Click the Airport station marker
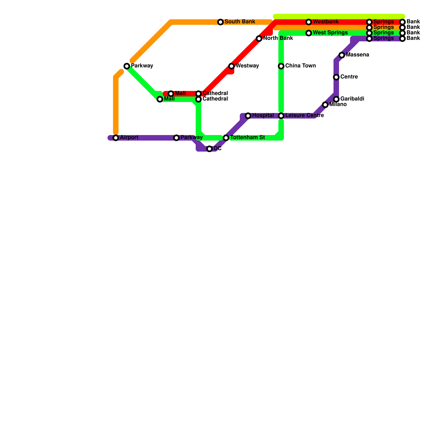(116, 138)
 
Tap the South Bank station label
(240, 22)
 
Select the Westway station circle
(232, 66)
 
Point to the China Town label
(300, 66)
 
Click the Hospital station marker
(248, 116)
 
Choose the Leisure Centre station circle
(281, 116)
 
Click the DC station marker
(209, 149)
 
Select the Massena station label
(357, 55)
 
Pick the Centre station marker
(336, 77)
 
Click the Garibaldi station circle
(336, 99)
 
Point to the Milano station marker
(325, 105)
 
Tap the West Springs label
(330, 33)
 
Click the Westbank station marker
(309, 22)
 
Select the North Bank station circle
(259, 39)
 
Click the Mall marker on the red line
(171, 94)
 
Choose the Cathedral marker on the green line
(198, 99)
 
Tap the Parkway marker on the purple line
(176, 138)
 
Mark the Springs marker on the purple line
(369, 39)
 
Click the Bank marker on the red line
(402, 22)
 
